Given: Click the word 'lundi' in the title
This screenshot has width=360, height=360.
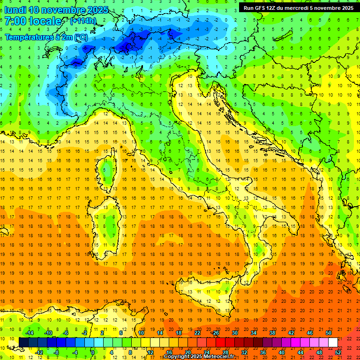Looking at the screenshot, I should click(x=15, y=10).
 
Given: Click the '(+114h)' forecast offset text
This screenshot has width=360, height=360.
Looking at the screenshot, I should click(x=83, y=21).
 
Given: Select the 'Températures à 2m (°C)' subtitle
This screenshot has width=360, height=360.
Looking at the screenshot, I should click(x=46, y=37).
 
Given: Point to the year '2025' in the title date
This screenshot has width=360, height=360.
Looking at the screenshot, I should click(x=97, y=10).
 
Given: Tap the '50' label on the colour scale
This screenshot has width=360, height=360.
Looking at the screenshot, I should click(x=328, y=332).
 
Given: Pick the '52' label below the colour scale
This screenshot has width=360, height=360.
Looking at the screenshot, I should click(x=338, y=352).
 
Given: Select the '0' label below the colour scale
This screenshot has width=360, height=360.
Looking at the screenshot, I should click(x=93, y=352).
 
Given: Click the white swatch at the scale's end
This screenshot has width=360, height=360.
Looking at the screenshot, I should click(x=333, y=342).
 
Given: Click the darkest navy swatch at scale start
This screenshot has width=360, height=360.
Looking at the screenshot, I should click(x=23, y=342).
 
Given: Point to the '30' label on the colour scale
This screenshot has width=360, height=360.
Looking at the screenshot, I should click(x=234, y=332).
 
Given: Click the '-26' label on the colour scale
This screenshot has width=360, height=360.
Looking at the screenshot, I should click(x=215, y=332).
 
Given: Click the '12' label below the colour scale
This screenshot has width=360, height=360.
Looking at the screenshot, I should click(x=150, y=352).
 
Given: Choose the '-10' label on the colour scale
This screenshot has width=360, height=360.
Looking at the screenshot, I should click(x=47, y=332).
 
